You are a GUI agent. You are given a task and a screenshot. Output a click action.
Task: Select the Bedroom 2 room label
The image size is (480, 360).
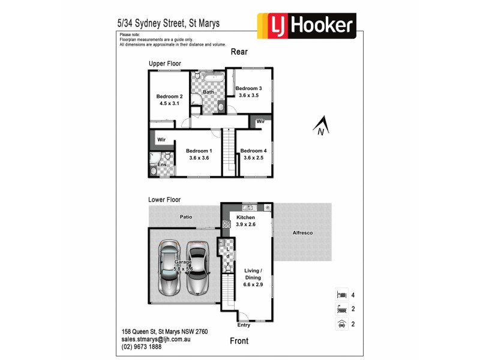pyautogui.click(x=169, y=97)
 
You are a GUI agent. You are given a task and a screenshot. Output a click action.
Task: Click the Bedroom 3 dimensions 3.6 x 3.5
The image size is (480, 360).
pyautogui.click(x=248, y=95)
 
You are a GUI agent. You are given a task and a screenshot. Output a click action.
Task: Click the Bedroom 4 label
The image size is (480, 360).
pyautogui.click(x=252, y=151)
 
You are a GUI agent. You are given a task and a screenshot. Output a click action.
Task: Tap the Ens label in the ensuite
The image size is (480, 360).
pyautogui.click(x=161, y=164)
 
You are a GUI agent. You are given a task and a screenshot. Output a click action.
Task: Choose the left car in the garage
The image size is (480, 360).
pyautogui.click(x=169, y=268)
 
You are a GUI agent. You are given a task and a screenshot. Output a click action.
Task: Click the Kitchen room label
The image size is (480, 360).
pyautogui.click(x=245, y=217)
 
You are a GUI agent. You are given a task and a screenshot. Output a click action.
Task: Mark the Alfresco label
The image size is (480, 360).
pyautogui.click(x=302, y=232)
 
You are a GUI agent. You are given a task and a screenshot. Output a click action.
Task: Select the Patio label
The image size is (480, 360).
pyautogui.click(x=185, y=217)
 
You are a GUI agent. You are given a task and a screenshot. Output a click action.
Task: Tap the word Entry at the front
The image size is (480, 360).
pyautogui.click(x=244, y=325)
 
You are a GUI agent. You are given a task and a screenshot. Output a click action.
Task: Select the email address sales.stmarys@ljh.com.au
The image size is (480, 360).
pyautogui.click(x=155, y=339)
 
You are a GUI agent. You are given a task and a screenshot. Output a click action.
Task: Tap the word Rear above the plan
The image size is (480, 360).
pyautogui.click(x=239, y=52)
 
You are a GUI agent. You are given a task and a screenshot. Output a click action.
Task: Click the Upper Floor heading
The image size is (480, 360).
pyautogui.click(x=165, y=64)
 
